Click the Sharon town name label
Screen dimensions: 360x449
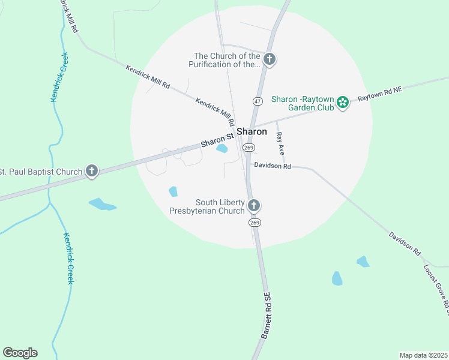pos(252,131)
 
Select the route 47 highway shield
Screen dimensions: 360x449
pos(257,101)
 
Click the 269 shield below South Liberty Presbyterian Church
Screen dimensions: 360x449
pos(255,223)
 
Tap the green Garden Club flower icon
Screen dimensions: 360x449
pos(343,103)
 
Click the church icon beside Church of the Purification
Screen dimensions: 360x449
pos(270,59)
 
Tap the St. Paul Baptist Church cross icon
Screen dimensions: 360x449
pos(92,172)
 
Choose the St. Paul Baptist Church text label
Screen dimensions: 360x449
pos(41,172)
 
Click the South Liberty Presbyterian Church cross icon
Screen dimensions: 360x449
pos(254,206)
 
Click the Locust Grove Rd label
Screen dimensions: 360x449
pos(436,289)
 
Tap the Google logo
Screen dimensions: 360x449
pos(20,353)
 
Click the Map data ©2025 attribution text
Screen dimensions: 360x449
pos(424,355)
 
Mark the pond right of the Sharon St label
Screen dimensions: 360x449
pos(222,148)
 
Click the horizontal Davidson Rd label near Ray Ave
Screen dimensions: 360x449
pos(272,166)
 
